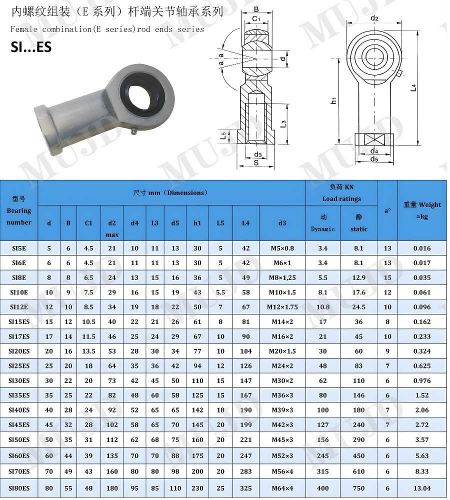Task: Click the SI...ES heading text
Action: click(31, 47)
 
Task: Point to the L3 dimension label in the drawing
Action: click(283, 123)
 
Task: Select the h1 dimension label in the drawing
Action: click(333, 100)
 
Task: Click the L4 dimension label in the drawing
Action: click(413, 87)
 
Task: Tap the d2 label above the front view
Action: click(374, 18)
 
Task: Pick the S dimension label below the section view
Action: click(256, 162)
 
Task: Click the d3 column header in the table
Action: click(282, 223)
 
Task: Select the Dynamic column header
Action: click(322, 229)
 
